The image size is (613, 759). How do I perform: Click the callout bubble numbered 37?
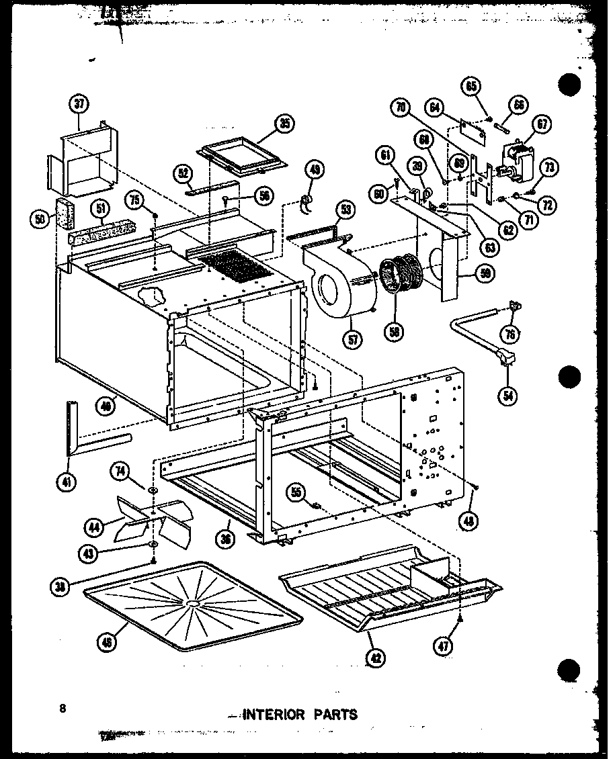(x=79, y=104)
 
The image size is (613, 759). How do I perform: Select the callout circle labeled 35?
(x=285, y=124)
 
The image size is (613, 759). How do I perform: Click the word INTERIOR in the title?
(x=274, y=714)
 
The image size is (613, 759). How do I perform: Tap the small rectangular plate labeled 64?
(x=475, y=132)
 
